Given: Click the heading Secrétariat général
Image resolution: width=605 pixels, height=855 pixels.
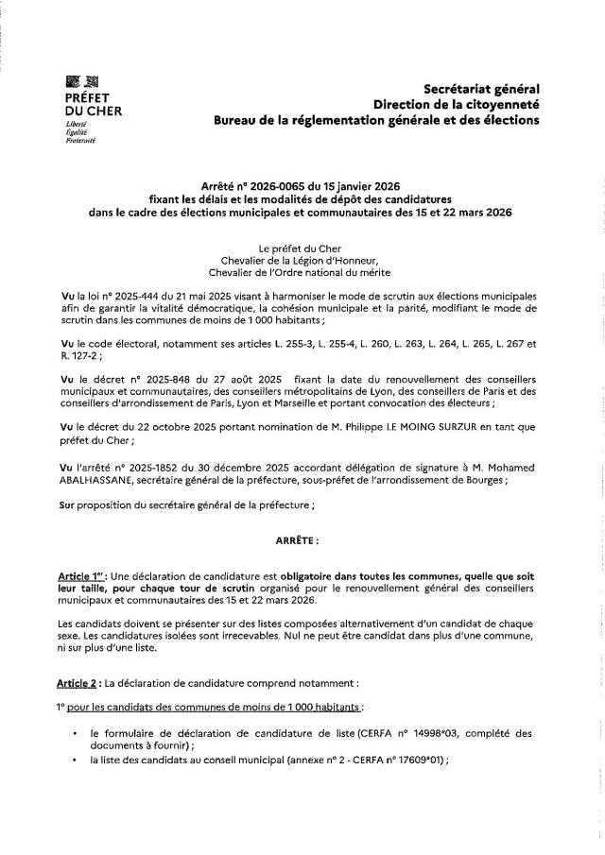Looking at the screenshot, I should click(481, 88).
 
